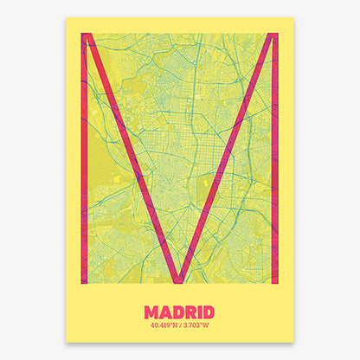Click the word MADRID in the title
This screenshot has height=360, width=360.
pos(180,312)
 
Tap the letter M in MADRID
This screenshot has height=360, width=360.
pos(152,312)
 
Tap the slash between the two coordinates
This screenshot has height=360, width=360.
pos(181,327)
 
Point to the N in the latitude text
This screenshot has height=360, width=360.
pos(176,327)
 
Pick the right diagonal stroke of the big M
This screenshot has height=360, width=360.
pos(227,156)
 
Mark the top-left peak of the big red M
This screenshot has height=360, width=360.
pos(87,36)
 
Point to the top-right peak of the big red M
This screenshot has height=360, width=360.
pos(273,36)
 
